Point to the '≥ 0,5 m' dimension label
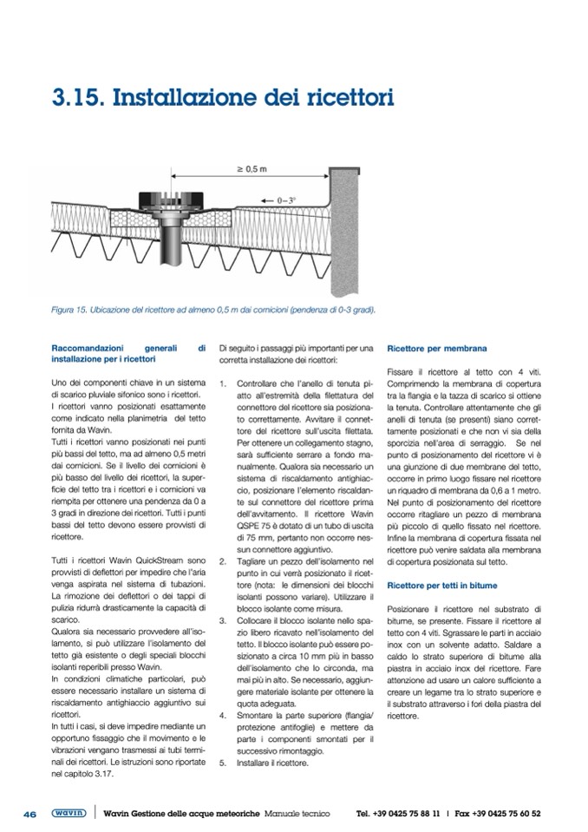[x=251, y=169]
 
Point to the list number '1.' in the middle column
[x=223, y=383]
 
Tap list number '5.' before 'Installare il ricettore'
[x=223, y=763]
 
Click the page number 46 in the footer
[x=29, y=814]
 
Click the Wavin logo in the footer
[x=68, y=814]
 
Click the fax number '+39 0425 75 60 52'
[x=509, y=814]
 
